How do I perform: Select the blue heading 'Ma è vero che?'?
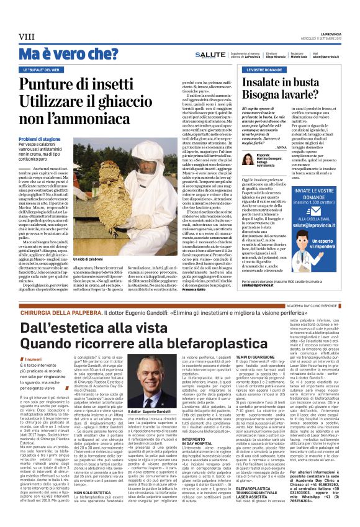point(68,54)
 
